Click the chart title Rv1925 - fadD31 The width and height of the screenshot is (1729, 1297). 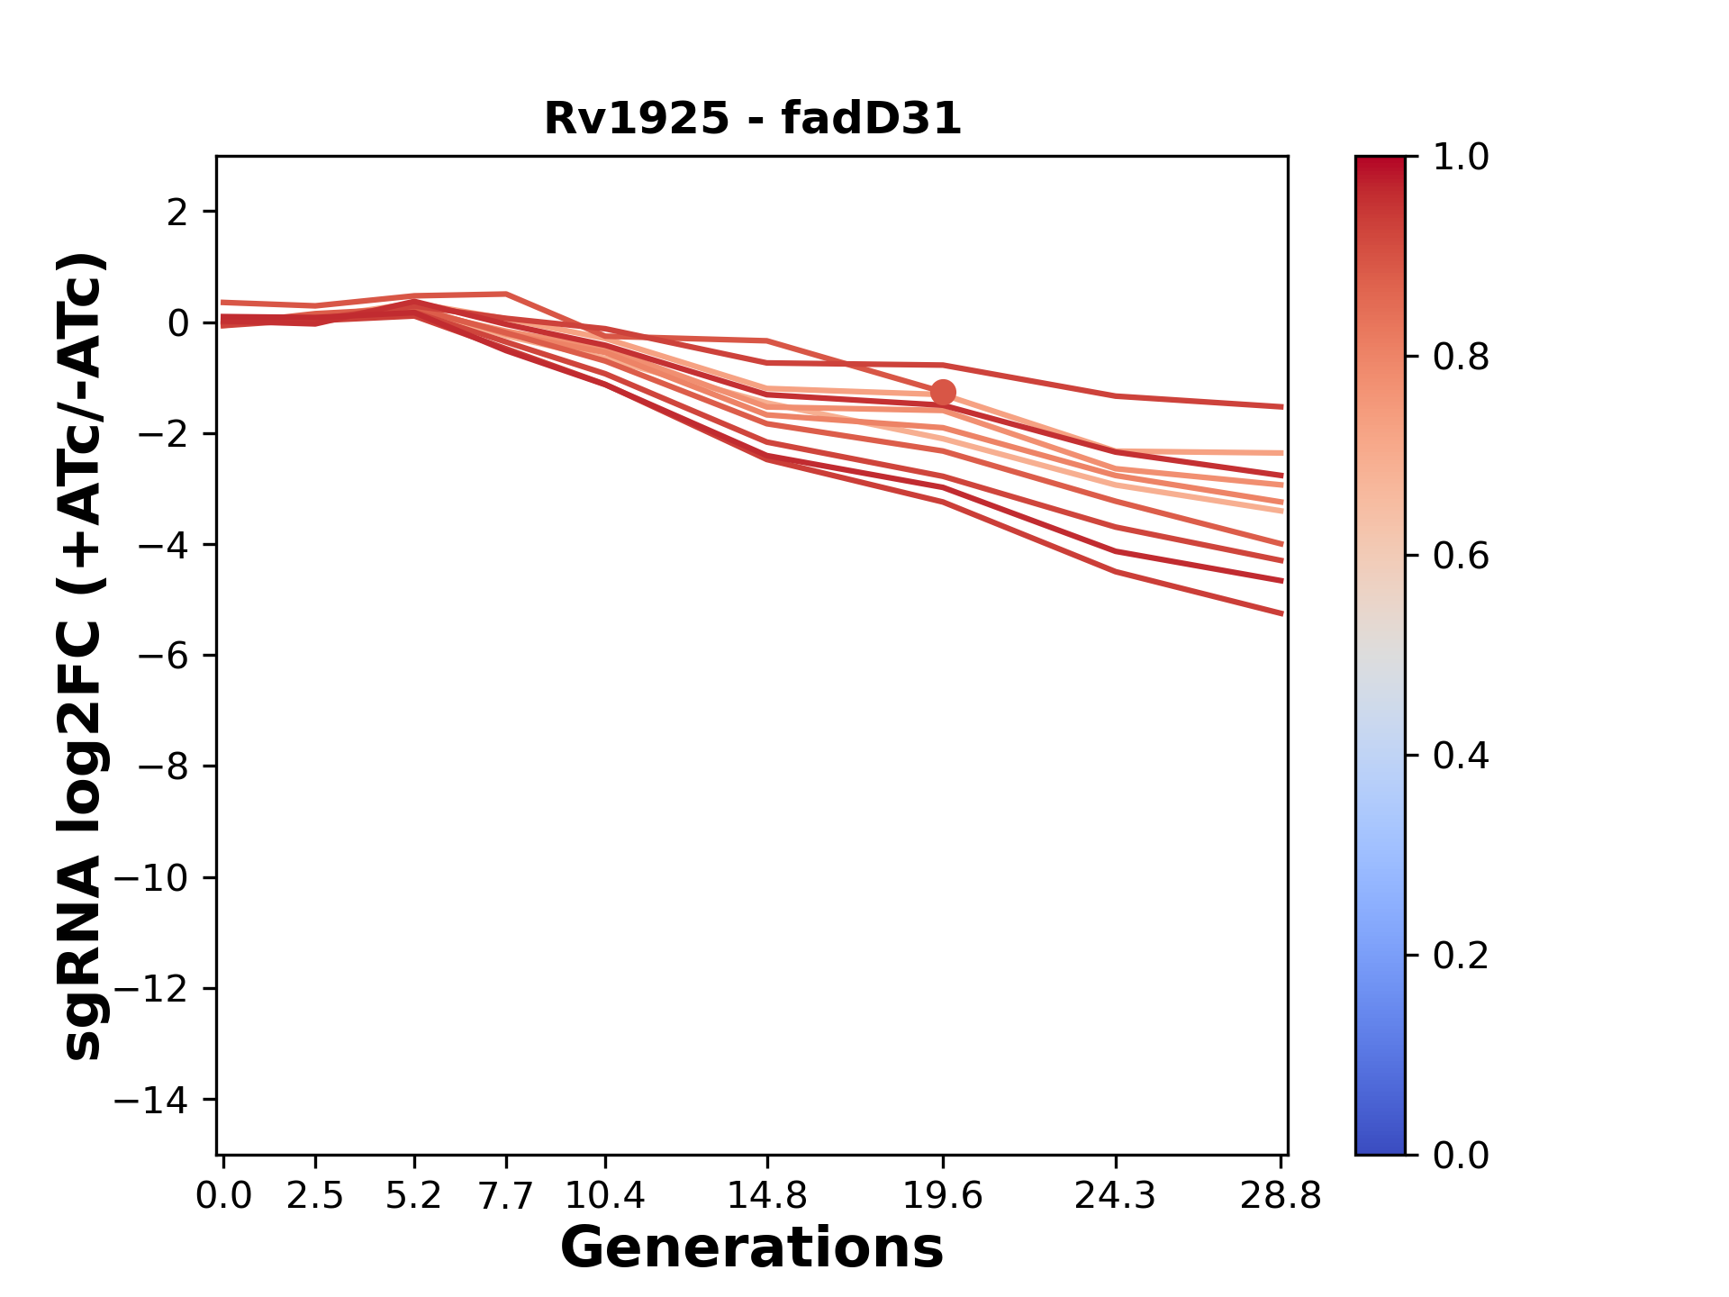pos(753,119)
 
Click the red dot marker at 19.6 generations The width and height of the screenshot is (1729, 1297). pos(943,393)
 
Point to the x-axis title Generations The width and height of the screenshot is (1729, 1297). pos(752,1248)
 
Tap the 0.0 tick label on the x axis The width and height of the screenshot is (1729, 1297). pos(224,1196)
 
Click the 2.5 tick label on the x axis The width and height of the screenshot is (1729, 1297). pos(315,1196)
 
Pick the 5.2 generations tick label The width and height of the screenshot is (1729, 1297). pos(414,1196)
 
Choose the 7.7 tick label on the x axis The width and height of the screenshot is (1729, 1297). pos(507,1196)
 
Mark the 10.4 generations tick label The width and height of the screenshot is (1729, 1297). pos(605,1196)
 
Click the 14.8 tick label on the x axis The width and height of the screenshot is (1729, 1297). pos(767,1196)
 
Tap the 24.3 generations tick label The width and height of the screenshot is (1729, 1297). pos(1116,1196)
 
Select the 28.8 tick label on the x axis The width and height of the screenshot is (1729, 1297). pos(1281,1196)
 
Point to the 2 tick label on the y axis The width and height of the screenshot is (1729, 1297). pos(177,213)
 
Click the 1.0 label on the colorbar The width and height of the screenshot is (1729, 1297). pos(1461,158)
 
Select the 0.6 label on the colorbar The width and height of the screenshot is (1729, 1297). pos(1461,557)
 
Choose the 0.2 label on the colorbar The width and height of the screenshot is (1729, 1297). pos(1461,956)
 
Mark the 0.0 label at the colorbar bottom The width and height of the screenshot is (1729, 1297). pos(1461,1155)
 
